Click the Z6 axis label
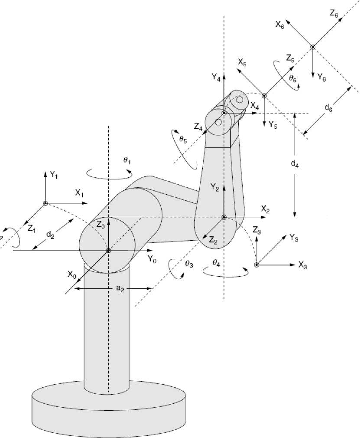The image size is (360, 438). point(334,14)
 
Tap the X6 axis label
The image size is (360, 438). point(280,24)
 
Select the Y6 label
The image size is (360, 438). point(322,77)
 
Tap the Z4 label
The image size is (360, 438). point(198,127)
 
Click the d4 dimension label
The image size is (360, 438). point(294,164)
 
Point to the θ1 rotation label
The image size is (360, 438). point(127,160)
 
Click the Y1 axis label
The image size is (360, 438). point(54,175)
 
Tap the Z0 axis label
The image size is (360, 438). point(101,225)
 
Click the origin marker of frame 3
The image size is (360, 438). point(257,265)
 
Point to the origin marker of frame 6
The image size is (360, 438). point(312,47)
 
